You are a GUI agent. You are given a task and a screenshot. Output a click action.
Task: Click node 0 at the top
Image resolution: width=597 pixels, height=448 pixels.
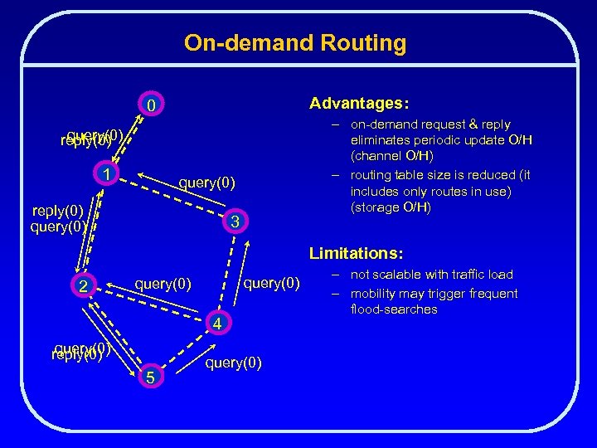[x=150, y=106]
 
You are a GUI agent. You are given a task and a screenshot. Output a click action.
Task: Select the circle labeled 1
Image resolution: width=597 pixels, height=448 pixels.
[x=106, y=173]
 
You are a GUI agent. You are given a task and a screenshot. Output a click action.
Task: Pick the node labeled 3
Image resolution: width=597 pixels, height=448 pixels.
[x=235, y=222]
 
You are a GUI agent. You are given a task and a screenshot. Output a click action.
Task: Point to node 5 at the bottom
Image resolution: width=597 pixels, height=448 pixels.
[x=149, y=377]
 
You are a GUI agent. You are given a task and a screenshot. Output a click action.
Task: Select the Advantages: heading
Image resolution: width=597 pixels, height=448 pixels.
[x=358, y=104]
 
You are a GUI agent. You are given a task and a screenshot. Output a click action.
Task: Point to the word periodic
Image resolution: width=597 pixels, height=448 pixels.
[x=439, y=139]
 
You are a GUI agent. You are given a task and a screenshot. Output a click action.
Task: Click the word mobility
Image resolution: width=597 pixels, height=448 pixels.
[x=376, y=293]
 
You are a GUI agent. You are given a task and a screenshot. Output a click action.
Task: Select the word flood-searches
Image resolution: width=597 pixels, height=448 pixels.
[x=394, y=309]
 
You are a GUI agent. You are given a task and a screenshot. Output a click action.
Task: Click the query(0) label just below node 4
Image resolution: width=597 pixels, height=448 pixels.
[x=233, y=363]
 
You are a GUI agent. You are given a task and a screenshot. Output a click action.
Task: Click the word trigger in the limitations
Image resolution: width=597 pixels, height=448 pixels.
[x=446, y=293]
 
